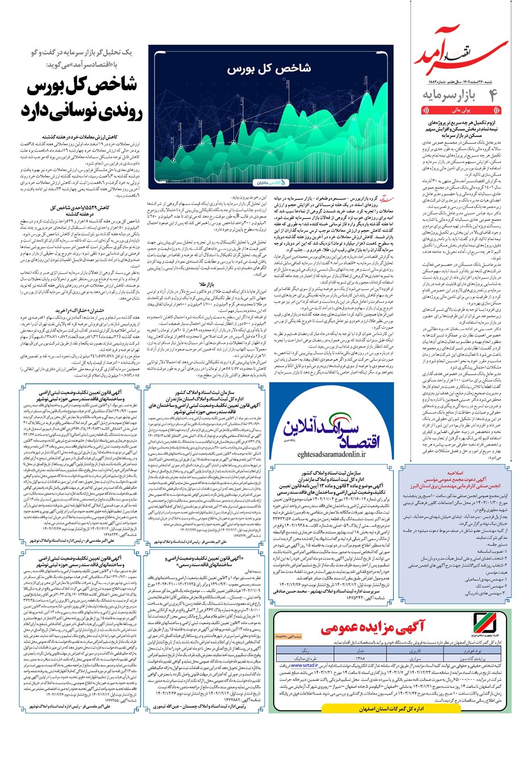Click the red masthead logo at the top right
point(467,54)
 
